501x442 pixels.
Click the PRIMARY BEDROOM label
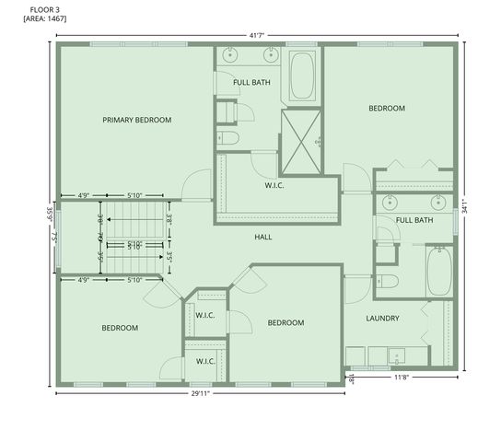pyautogui.click(x=136, y=120)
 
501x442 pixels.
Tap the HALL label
pyautogui.click(x=263, y=237)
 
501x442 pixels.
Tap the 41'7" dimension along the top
pyautogui.click(x=259, y=35)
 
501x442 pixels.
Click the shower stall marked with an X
pyautogui.click(x=300, y=141)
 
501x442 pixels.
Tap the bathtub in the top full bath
pyautogui.click(x=302, y=76)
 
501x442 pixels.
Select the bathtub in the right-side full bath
pyautogui.click(x=439, y=271)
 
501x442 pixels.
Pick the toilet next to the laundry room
pyautogui.click(x=387, y=281)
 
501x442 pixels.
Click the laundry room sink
pyautogui.click(x=396, y=355)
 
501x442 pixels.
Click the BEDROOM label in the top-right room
pyautogui.click(x=387, y=109)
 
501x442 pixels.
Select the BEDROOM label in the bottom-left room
pyautogui.click(x=120, y=328)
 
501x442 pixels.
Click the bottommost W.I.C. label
pyautogui.click(x=204, y=361)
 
